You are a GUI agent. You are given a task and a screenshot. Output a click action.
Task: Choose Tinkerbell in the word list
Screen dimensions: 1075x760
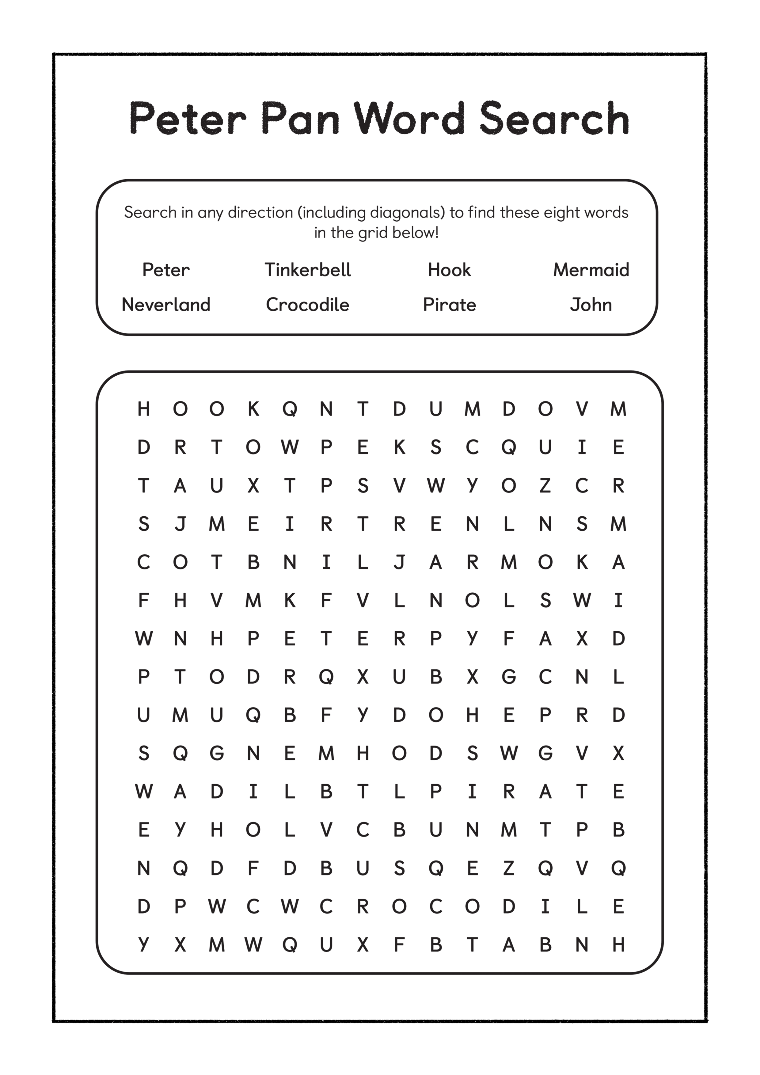point(308,270)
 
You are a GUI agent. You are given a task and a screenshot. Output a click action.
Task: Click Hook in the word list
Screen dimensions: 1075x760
point(449,270)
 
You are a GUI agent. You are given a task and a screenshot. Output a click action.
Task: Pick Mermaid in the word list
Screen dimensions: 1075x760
point(591,270)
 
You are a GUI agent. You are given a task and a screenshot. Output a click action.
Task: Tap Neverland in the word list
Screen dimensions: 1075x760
point(166,305)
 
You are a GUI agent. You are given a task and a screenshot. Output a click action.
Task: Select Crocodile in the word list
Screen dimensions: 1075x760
point(308,305)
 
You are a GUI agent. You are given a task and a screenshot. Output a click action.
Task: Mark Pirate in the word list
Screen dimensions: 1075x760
point(449,305)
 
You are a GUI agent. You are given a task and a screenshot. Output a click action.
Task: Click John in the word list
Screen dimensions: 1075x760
point(591,305)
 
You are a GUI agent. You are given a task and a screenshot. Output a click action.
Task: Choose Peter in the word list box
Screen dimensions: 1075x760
point(166,270)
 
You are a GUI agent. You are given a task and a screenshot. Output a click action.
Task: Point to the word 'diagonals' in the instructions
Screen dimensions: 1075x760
point(407,213)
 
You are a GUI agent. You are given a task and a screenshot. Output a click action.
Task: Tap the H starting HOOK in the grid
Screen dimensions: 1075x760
point(144,409)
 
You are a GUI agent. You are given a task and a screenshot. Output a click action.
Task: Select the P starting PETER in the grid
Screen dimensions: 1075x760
point(253,639)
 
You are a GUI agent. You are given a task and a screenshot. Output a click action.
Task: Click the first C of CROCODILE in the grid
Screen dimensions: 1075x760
point(326,907)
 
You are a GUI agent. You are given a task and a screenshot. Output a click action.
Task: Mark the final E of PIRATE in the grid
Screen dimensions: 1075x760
point(619,792)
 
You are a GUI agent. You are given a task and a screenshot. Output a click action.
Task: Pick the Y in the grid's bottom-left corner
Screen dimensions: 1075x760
point(144,945)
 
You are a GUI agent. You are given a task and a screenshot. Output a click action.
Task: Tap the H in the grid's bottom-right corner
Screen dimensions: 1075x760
point(619,945)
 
